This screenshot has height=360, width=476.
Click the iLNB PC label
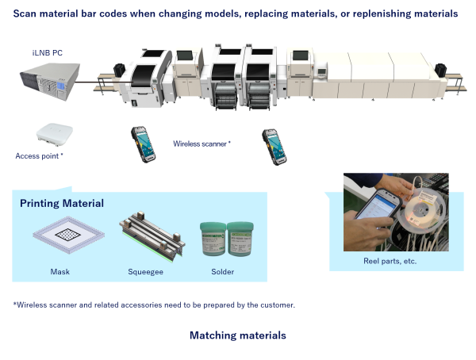click(x=48, y=53)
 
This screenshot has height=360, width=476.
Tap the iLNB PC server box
click(x=50, y=82)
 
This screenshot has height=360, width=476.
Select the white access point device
click(x=55, y=134)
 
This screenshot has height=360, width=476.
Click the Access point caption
click(x=39, y=156)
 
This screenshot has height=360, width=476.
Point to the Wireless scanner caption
click(x=202, y=144)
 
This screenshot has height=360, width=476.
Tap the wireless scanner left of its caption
click(x=144, y=144)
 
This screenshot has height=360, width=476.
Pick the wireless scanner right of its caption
click(x=274, y=147)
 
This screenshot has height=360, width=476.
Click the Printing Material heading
click(x=62, y=203)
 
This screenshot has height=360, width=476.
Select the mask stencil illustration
click(x=68, y=235)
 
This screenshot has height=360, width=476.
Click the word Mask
click(x=59, y=272)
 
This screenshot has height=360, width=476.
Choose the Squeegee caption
click(x=145, y=272)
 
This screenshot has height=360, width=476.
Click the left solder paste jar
click(x=213, y=239)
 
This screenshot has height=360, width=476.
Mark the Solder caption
click(x=222, y=272)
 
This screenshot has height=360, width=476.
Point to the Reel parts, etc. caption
click(x=390, y=261)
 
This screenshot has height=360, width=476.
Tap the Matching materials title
click(x=238, y=335)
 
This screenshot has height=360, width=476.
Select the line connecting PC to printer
click(x=103, y=82)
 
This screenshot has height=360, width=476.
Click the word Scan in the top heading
click(x=25, y=13)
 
